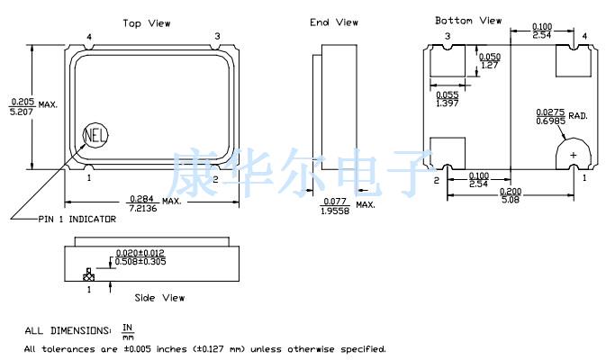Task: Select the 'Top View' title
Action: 147,23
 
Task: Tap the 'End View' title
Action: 334,22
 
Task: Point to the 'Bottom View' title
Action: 468,21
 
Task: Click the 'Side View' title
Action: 159,298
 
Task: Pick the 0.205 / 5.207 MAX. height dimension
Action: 33,106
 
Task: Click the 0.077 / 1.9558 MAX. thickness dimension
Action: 348,206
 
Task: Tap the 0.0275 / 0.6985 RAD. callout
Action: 562,116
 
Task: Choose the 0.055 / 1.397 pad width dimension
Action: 448,99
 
